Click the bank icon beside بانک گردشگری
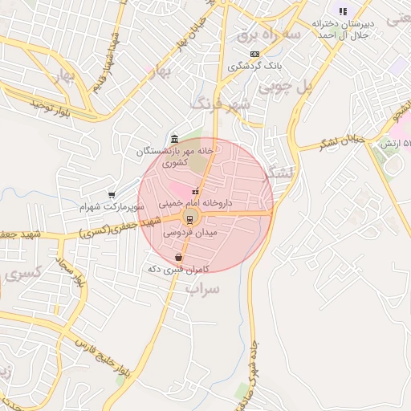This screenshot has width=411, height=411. pos(254,54)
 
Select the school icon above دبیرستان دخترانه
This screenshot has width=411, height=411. pos(343,11)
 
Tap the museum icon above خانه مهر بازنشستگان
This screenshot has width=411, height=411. pos(175,137)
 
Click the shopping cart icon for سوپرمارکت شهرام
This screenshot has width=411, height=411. pos(112,194)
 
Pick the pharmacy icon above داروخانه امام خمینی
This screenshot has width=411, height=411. pos(195,191)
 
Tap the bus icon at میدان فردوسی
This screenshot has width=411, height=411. pos(190,218)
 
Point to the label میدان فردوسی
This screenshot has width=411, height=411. pos(190,231)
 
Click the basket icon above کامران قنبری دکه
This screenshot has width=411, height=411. pos(178,258)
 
